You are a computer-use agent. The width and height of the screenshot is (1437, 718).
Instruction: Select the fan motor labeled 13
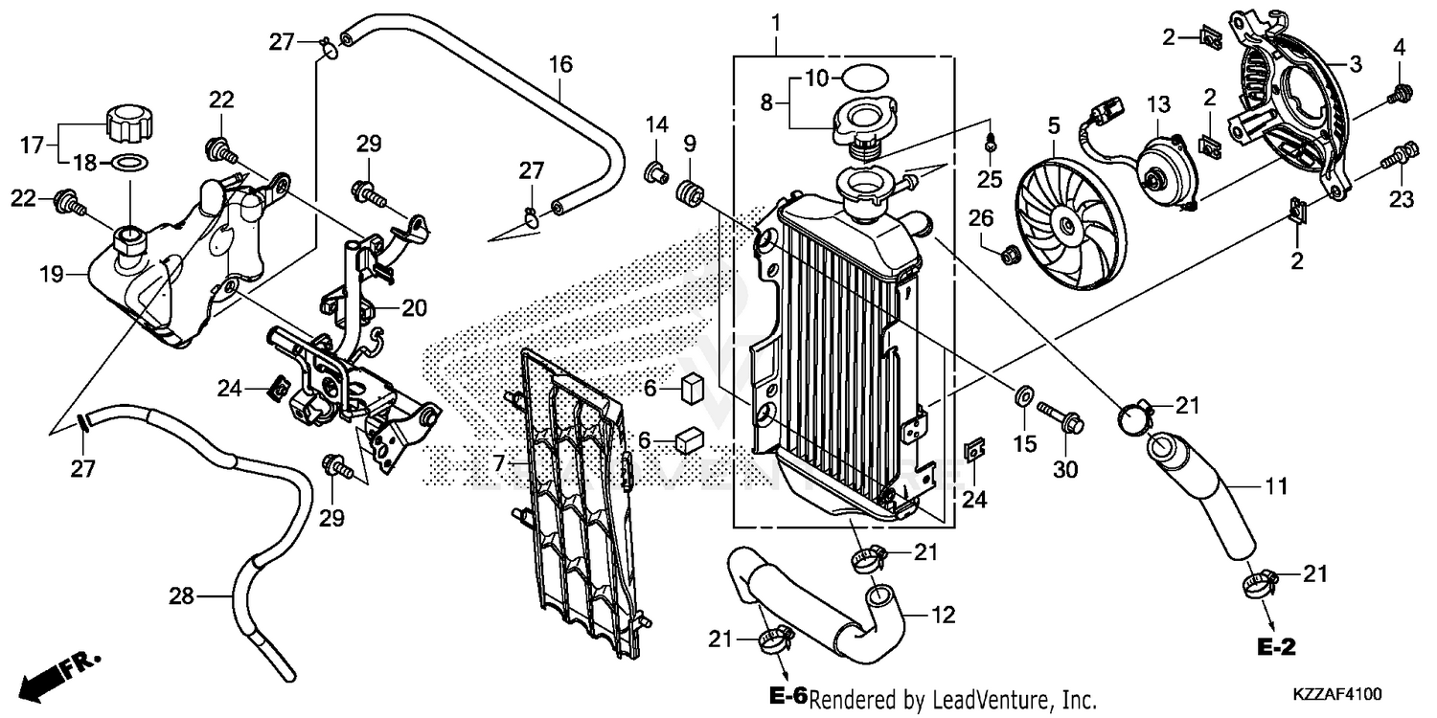click(x=1160, y=171)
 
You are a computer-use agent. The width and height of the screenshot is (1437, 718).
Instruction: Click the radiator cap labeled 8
click(x=862, y=123)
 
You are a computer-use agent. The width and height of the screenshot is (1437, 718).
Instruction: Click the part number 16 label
click(x=560, y=65)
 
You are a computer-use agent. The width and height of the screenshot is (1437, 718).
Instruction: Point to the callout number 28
click(x=182, y=597)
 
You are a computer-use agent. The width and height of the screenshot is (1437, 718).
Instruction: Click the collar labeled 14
click(x=655, y=173)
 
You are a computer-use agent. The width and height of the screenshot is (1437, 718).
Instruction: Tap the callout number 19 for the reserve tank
click(x=51, y=276)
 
